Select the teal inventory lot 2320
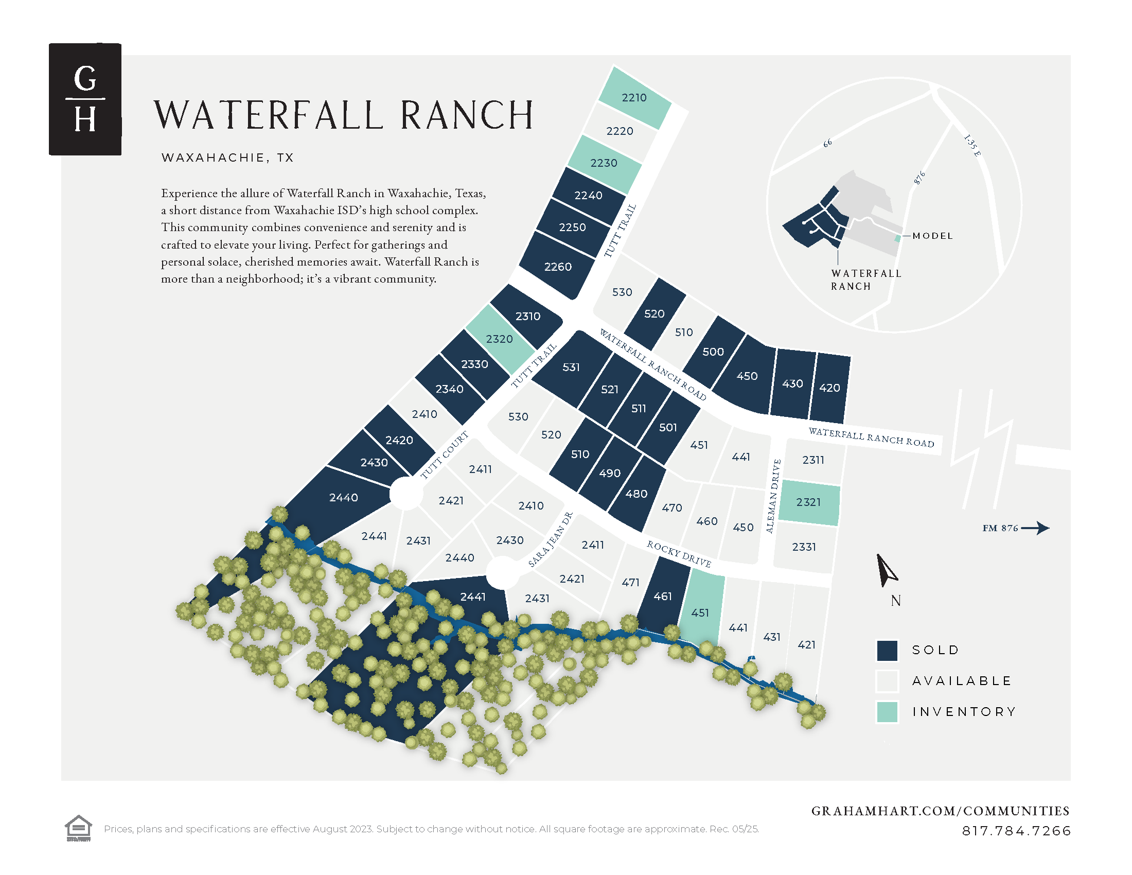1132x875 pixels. (499, 339)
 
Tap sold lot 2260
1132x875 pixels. (558, 267)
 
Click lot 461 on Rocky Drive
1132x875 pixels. (662, 596)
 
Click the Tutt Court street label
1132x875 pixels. (444, 455)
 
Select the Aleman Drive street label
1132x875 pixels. (773, 496)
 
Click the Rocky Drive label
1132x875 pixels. (679, 554)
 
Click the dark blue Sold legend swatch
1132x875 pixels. (887, 650)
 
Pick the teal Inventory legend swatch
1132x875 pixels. (887, 712)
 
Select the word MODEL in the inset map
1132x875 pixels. (932, 236)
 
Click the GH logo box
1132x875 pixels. (85, 99)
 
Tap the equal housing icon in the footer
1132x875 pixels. (78, 828)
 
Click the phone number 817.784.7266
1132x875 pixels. (1016, 831)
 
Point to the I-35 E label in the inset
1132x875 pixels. (972, 146)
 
